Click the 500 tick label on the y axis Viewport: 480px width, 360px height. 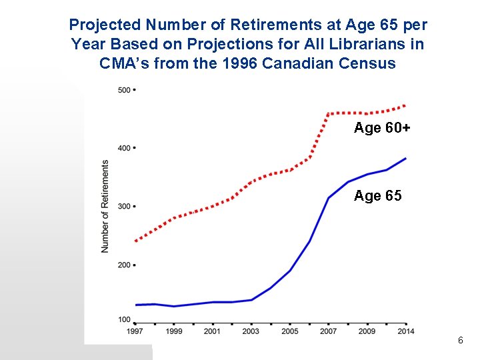pyautogui.click(x=124, y=90)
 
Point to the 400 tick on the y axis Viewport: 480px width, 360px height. pyautogui.click(x=124, y=148)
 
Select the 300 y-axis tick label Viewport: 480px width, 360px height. pyautogui.click(x=124, y=207)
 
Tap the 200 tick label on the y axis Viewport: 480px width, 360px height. pyautogui.click(x=124, y=265)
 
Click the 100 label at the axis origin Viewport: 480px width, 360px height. pyautogui.click(x=124, y=320)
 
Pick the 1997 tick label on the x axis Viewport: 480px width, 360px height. pyautogui.click(x=135, y=331)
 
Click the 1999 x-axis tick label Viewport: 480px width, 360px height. pyautogui.click(x=174, y=331)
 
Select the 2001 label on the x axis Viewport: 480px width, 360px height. pyautogui.click(x=213, y=331)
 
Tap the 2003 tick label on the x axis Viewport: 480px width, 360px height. pyautogui.click(x=251, y=331)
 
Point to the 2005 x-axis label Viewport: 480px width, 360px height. pyautogui.click(x=290, y=331)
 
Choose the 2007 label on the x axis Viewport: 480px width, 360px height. pyautogui.click(x=329, y=331)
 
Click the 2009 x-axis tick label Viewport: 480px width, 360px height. pyautogui.click(x=367, y=331)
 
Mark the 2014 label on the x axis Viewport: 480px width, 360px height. pyautogui.click(x=405, y=331)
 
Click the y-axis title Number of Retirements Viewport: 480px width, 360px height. pyautogui.click(x=105, y=207)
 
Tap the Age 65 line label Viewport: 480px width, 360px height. pyautogui.click(x=377, y=196)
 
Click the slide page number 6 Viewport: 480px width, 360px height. pyautogui.click(x=460, y=341)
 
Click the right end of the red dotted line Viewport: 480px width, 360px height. pyautogui.click(x=405, y=106)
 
